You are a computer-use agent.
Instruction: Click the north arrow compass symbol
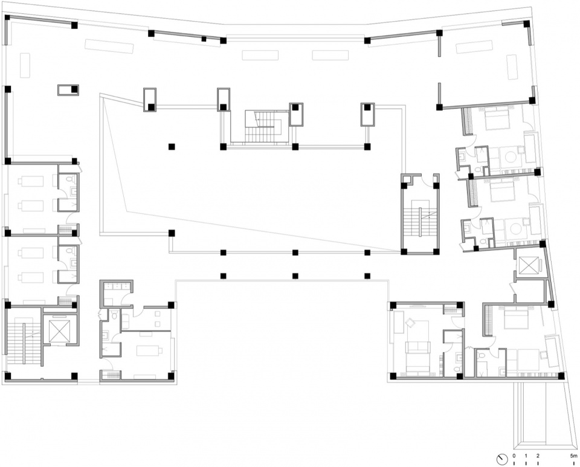coord(501,459)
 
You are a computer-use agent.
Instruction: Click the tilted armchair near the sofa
coord(410,323)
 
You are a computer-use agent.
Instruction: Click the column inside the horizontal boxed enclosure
coord(74,89)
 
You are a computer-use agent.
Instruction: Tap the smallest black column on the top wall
coord(204,39)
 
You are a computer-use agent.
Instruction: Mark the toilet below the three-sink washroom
coord(115,315)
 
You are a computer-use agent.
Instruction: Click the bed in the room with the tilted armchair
coord(417,362)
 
